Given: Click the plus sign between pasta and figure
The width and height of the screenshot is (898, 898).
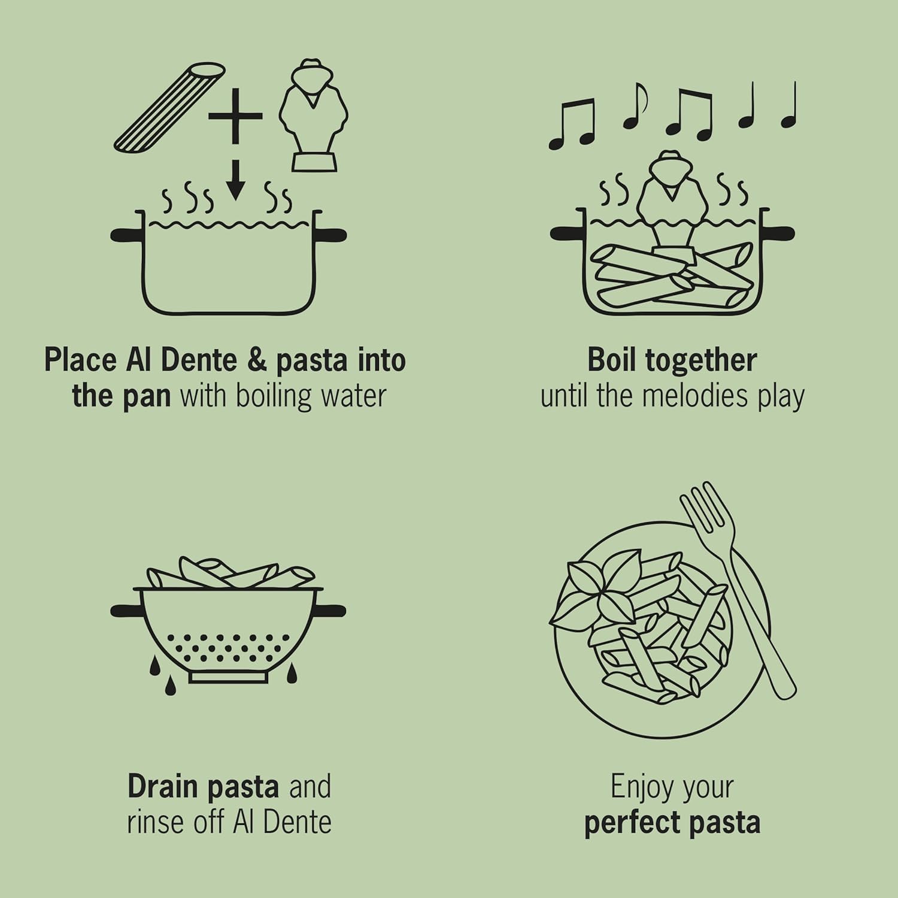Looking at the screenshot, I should point(235,116).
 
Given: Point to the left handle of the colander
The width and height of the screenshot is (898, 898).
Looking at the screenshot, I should point(125,611).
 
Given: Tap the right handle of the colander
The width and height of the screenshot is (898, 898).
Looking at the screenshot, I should point(332,611).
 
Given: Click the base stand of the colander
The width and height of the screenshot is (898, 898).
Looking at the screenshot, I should point(228,677).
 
